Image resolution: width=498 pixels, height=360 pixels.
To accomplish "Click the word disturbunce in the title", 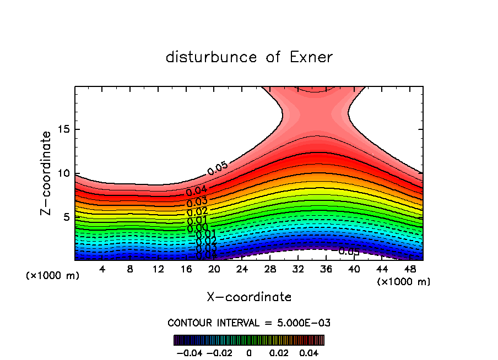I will coord(212,57).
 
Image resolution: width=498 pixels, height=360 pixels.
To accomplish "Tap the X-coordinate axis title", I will coord(249,297).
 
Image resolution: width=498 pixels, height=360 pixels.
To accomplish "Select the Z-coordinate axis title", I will coord(46,173).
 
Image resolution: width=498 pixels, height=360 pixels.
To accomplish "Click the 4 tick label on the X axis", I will coord(102,269).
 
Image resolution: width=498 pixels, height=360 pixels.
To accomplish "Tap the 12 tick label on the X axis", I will coord(158,269).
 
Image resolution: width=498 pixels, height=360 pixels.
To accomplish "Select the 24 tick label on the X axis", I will coord(242,269).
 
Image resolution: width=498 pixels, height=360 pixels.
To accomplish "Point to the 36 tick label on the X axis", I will coord(326,269).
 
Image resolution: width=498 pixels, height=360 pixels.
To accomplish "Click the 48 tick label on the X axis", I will coord(409,269).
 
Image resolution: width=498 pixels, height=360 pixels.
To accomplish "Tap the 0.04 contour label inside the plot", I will coord(197,191).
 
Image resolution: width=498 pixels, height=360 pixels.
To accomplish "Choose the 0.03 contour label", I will coord(197,201).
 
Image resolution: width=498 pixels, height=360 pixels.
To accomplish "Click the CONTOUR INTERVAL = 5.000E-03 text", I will coord(249,323).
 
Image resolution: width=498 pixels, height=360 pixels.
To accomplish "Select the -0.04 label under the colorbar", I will coord(189,352).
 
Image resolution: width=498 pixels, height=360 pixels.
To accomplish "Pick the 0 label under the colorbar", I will coord(249,352).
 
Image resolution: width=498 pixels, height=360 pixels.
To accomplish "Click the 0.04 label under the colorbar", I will coord(310,352).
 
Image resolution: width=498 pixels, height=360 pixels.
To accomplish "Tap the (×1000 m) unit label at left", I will coord(52,276).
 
